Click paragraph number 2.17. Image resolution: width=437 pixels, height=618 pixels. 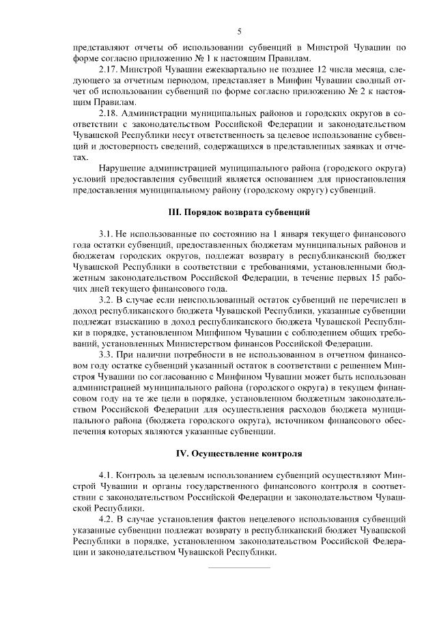(110, 71)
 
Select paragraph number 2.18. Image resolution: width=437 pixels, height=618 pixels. (110, 111)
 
